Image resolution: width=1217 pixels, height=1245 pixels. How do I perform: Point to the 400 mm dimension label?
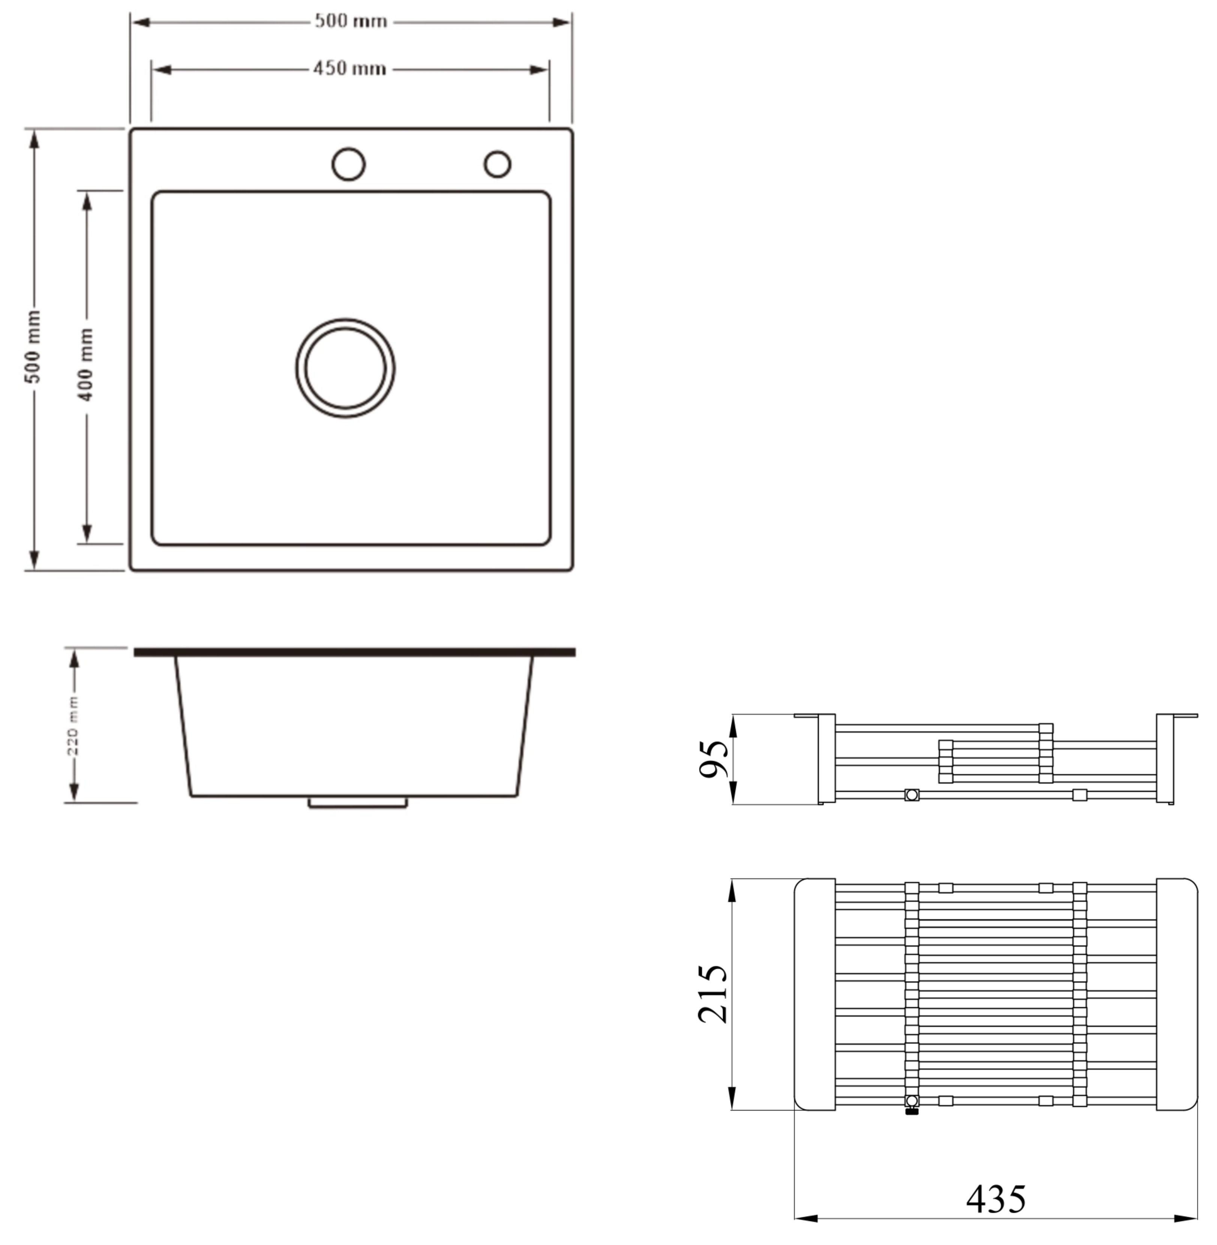pyautogui.click(x=86, y=365)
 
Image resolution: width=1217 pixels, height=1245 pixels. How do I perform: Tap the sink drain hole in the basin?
pyautogui.click(x=345, y=368)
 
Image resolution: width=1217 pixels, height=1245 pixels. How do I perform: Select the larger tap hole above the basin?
pyautogui.click(x=348, y=164)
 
